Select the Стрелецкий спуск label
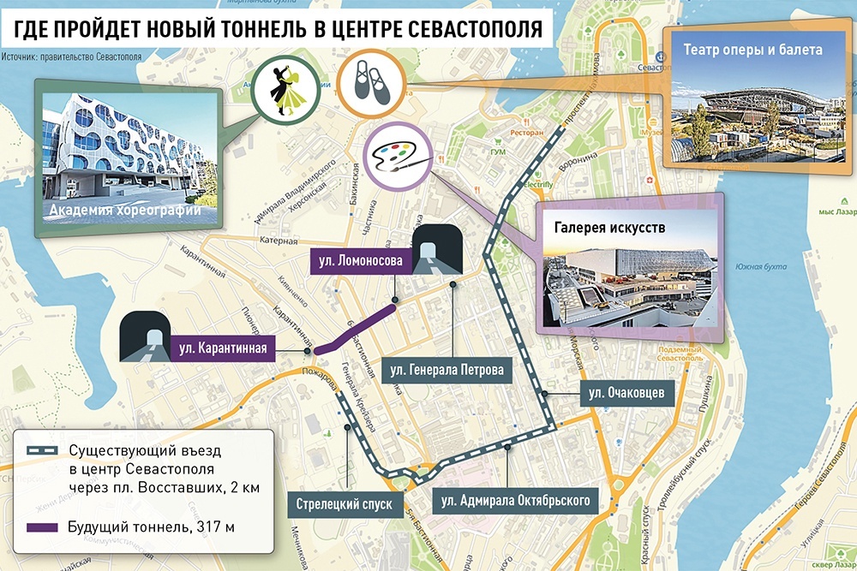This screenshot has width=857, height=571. (345, 504)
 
